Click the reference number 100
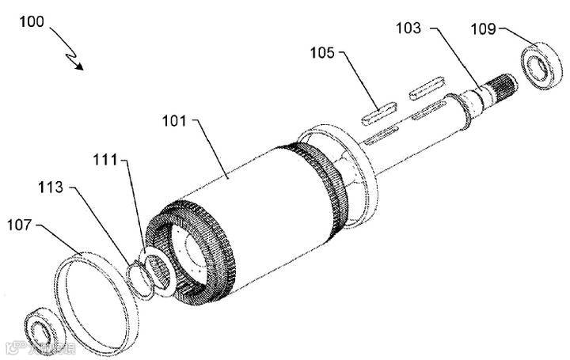(30, 23)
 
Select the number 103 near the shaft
(408, 28)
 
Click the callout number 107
(21, 225)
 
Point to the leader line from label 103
(456, 55)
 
